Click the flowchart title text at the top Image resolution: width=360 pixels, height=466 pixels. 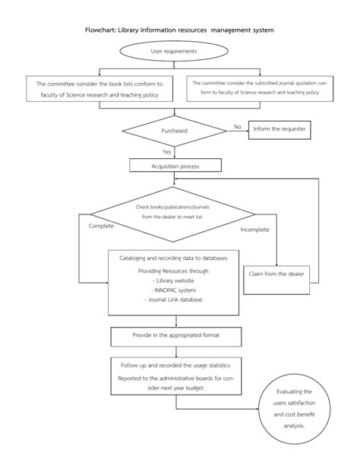click(x=179, y=31)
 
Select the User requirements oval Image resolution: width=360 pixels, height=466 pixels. click(x=174, y=51)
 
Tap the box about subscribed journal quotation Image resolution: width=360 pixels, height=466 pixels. click(x=260, y=87)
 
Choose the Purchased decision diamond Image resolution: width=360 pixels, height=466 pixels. click(x=174, y=132)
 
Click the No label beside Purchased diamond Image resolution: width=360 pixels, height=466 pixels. click(x=237, y=126)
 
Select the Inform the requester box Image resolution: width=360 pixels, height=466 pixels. click(x=279, y=129)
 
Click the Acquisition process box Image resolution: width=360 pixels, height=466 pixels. click(x=175, y=165)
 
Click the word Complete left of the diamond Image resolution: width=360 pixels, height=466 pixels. click(x=102, y=226)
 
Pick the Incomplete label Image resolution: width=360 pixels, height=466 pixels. click(x=255, y=229)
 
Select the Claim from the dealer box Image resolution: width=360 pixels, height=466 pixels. click(x=276, y=273)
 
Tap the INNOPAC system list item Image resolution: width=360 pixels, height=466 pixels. click(x=175, y=290)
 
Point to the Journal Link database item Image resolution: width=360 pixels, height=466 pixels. click(x=175, y=300)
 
